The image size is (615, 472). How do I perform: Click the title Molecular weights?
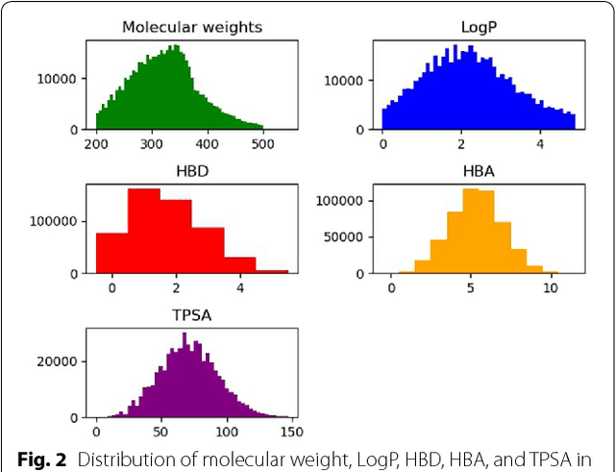point(192,27)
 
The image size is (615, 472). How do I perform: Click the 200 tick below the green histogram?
point(96,144)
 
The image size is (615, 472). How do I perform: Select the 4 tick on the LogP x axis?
point(539,144)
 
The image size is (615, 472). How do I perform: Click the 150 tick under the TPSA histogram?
point(290,433)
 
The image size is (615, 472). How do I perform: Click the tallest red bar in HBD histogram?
point(143,231)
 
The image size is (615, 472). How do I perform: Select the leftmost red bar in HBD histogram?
point(111,253)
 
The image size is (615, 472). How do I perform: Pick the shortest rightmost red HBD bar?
point(272,271)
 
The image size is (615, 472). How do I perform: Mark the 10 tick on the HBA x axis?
point(550,288)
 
